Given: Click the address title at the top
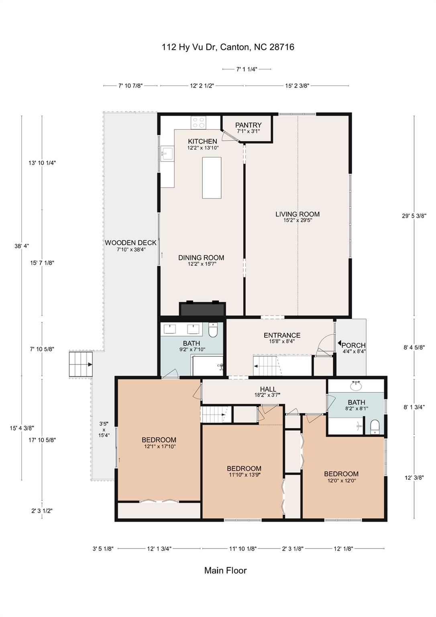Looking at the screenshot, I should [x=228, y=47].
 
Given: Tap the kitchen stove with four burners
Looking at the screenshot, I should [x=198, y=122].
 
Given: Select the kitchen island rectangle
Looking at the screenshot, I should [x=212, y=178].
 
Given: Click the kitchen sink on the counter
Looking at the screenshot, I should [x=167, y=153].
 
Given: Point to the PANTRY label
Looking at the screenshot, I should [x=248, y=125].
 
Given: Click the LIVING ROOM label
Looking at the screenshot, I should [x=297, y=214].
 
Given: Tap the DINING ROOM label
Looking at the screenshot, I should [x=201, y=258].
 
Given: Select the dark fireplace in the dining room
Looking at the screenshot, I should [x=202, y=309].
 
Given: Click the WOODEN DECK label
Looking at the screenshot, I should [x=130, y=243].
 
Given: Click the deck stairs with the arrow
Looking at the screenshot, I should [x=81, y=364].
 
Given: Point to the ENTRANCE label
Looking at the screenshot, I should [x=282, y=335].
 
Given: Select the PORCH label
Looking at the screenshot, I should [x=353, y=345].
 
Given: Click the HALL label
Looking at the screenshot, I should [x=268, y=389].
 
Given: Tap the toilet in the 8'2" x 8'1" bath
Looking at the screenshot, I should [x=374, y=427].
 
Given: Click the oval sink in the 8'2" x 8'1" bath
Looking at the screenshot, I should [x=356, y=386].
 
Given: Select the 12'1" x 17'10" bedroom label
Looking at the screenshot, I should [x=159, y=440].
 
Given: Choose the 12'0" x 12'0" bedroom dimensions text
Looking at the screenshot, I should [x=341, y=480].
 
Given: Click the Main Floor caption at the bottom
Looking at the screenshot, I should [x=225, y=570].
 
